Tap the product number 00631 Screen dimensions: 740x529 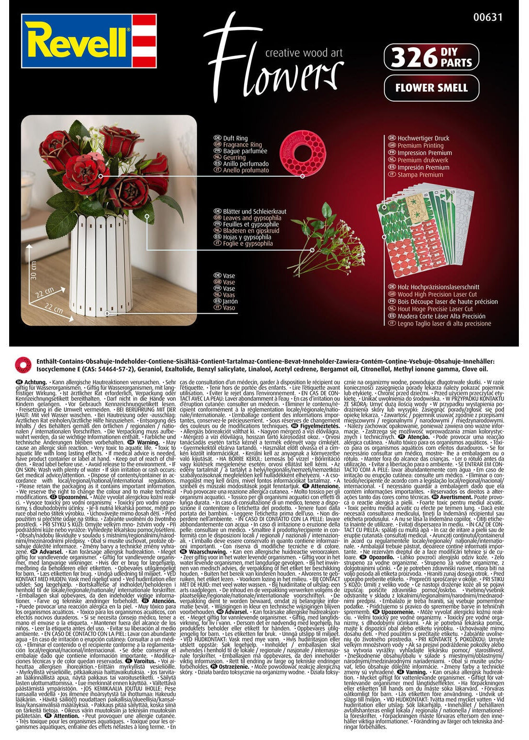coord(489,17)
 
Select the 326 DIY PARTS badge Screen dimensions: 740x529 coord(431,57)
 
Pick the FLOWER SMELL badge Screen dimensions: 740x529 coord(431,88)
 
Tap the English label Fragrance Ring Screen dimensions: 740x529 coord(242,145)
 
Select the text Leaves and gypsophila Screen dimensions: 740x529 coord(252,218)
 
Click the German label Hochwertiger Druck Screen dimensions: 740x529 coord(423,138)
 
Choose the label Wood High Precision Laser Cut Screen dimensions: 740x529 coord(437,294)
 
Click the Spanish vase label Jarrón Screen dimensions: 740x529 coord(230,301)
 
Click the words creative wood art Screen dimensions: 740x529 coord(304,53)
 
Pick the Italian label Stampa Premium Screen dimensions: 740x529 coord(420,175)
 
